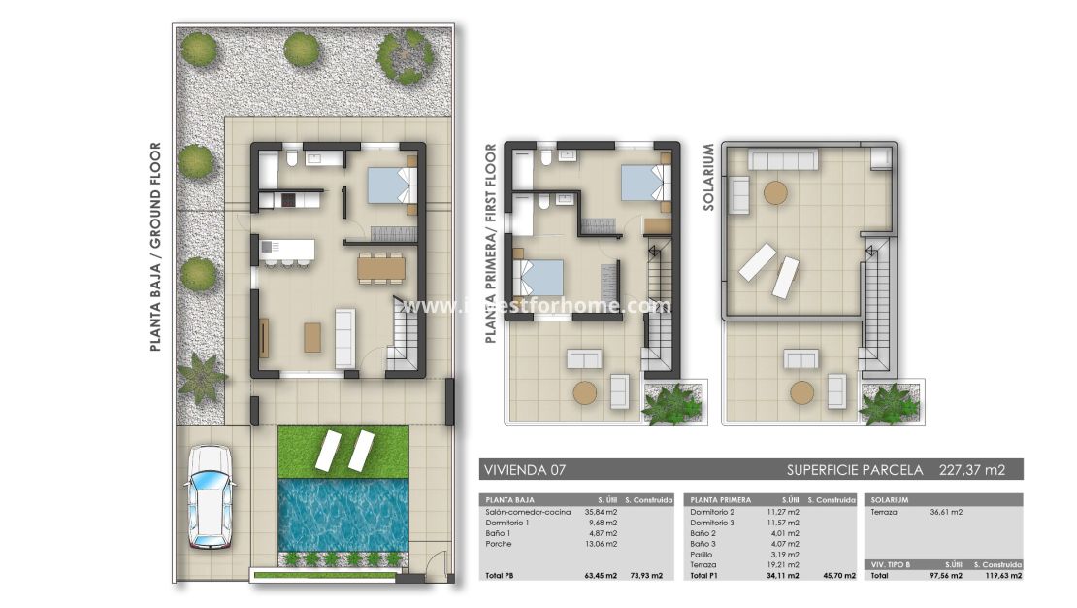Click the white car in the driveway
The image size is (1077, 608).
210,495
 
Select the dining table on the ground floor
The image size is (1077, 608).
380,267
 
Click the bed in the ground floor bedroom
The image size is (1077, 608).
391,184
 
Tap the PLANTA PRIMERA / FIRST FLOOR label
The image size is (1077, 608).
490,244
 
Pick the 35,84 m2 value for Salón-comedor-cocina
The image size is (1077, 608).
601,511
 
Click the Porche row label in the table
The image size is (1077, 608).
498,543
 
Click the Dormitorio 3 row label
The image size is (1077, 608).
711,522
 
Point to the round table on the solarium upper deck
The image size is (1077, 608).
775,192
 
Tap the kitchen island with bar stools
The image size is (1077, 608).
287,251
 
